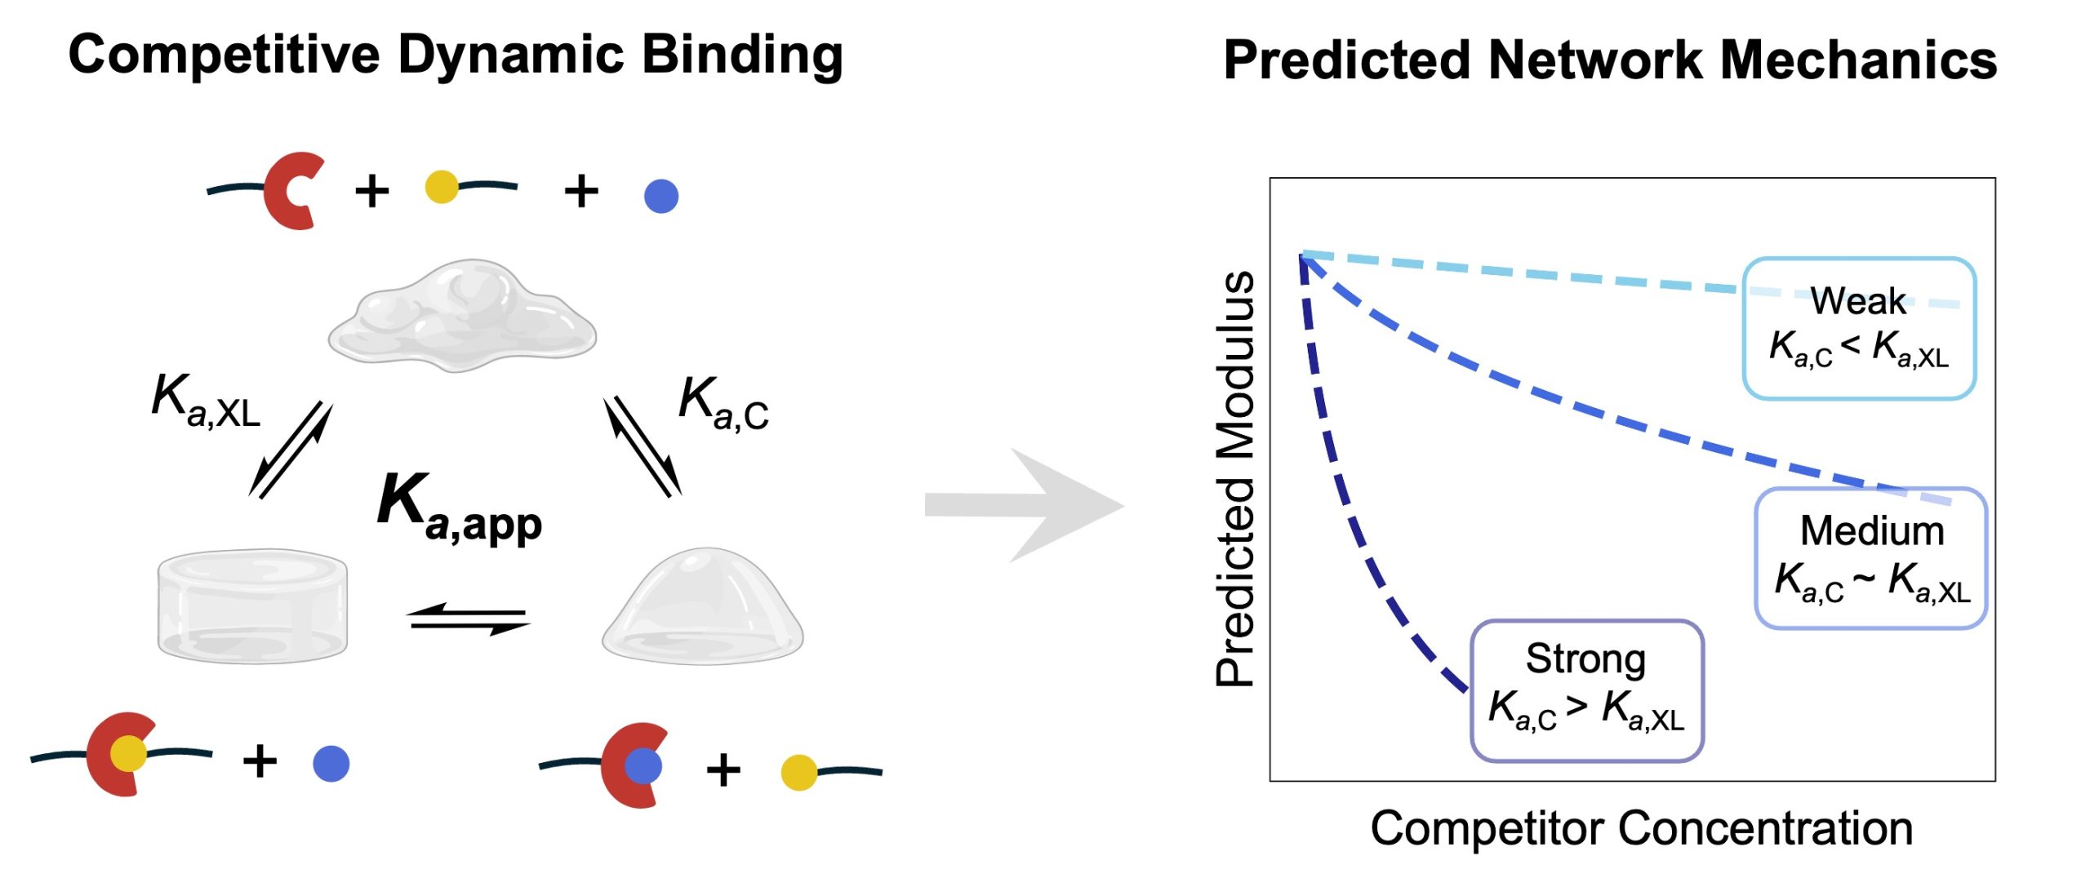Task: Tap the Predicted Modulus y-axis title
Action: pos(1234,479)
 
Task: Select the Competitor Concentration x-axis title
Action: pos(1641,828)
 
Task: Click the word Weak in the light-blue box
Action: pos(1857,301)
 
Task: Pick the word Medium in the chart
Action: pos(1872,531)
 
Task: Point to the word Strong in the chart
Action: pos(1585,659)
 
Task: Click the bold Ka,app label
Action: pos(460,508)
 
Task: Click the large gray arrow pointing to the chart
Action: pos(1025,505)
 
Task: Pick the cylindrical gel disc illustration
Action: pos(252,605)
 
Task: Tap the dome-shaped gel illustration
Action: pos(703,605)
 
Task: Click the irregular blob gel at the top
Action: pos(462,316)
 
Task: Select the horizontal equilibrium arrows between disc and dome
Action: pos(469,619)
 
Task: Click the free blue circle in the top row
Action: pos(660,197)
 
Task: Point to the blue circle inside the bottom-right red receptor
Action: pos(643,766)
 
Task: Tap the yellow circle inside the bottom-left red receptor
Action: pos(128,753)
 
